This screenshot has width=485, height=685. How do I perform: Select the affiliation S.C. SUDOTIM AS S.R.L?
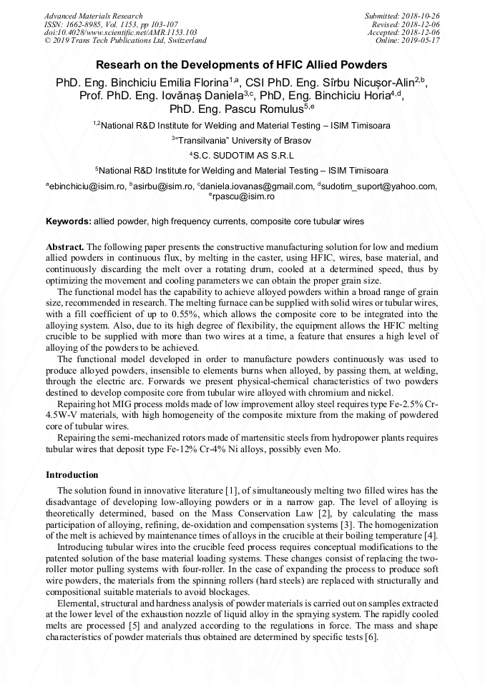tap(243, 155)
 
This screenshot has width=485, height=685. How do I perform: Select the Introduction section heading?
tap(72, 475)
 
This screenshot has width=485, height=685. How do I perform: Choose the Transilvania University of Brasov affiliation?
tap(242, 141)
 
